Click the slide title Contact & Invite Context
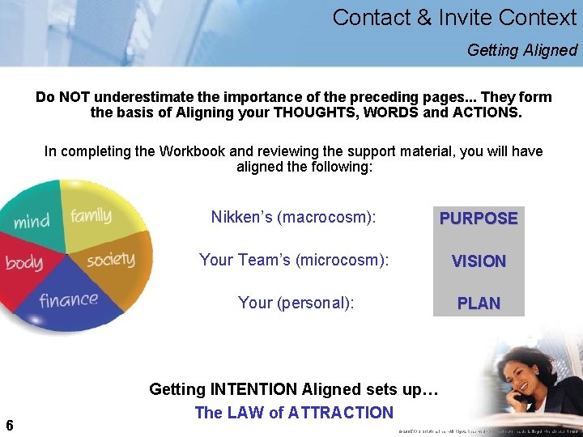click(454, 17)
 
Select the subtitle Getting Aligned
click(521, 50)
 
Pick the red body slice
click(24, 263)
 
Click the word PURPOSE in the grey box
click(479, 218)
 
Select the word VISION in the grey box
click(479, 261)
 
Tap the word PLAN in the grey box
click(479, 303)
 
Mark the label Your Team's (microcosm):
click(294, 260)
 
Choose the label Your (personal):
click(296, 303)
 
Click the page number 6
click(9, 425)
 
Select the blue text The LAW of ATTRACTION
click(294, 413)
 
